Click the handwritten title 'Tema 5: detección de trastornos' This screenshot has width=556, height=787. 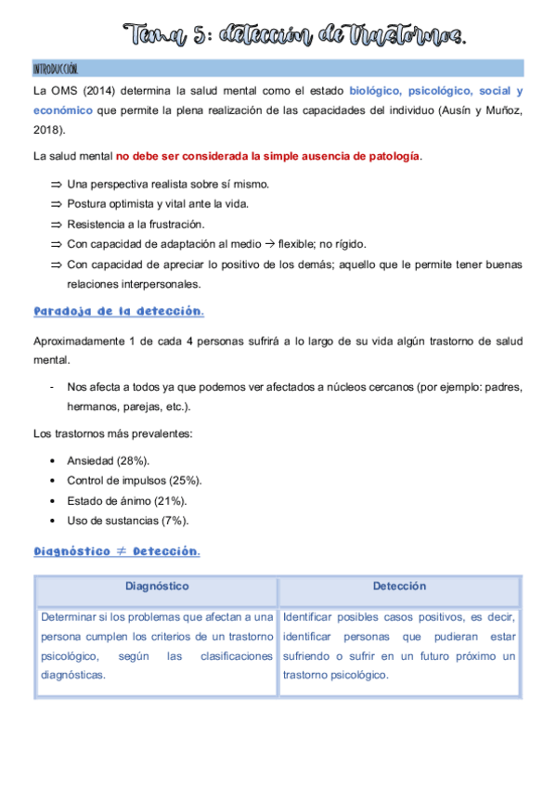pyautogui.click(x=297, y=36)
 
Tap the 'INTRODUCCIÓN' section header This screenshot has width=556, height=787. pyautogui.click(x=56, y=70)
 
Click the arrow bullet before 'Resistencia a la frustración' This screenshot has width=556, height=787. pyautogui.click(x=56, y=225)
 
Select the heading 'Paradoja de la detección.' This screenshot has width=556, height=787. pyautogui.click(x=119, y=311)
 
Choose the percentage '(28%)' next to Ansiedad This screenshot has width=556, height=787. pyautogui.click(x=133, y=460)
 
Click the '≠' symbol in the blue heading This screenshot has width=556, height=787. pyautogui.click(x=120, y=551)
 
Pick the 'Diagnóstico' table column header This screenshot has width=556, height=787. pyautogui.click(x=157, y=587)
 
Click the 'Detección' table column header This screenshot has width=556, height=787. pyautogui.click(x=399, y=587)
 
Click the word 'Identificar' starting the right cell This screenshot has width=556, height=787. pyautogui.click(x=311, y=616)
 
